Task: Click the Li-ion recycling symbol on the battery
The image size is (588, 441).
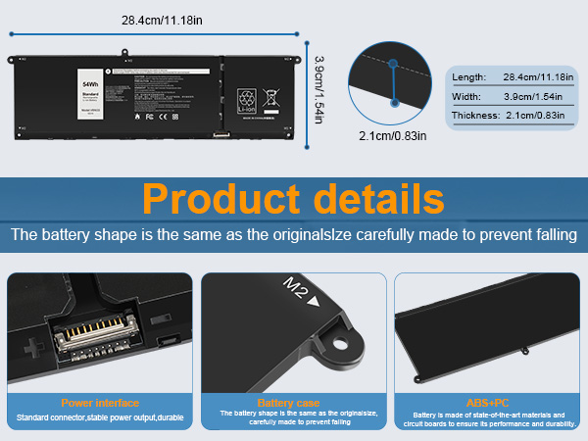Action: click(246, 98)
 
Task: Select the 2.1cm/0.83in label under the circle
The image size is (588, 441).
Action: click(393, 134)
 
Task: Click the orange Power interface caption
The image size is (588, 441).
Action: click(100, 403)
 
